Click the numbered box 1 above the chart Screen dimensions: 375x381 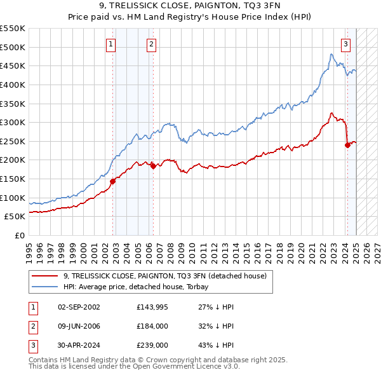coord(111,44)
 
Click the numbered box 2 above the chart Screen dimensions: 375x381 coord(152,44)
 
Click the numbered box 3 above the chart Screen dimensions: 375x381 coord(345,44)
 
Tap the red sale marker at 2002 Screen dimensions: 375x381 coord(112,181)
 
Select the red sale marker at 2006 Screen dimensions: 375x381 coord(153,166)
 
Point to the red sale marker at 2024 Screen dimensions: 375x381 coord(347,145)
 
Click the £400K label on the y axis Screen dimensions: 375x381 coord(13,85)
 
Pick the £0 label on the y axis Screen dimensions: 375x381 coord(20,235)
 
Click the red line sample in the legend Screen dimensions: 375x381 coord(46,276)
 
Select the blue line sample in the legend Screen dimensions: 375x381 coord(46,287)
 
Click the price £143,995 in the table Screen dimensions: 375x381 coord(150,307)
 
